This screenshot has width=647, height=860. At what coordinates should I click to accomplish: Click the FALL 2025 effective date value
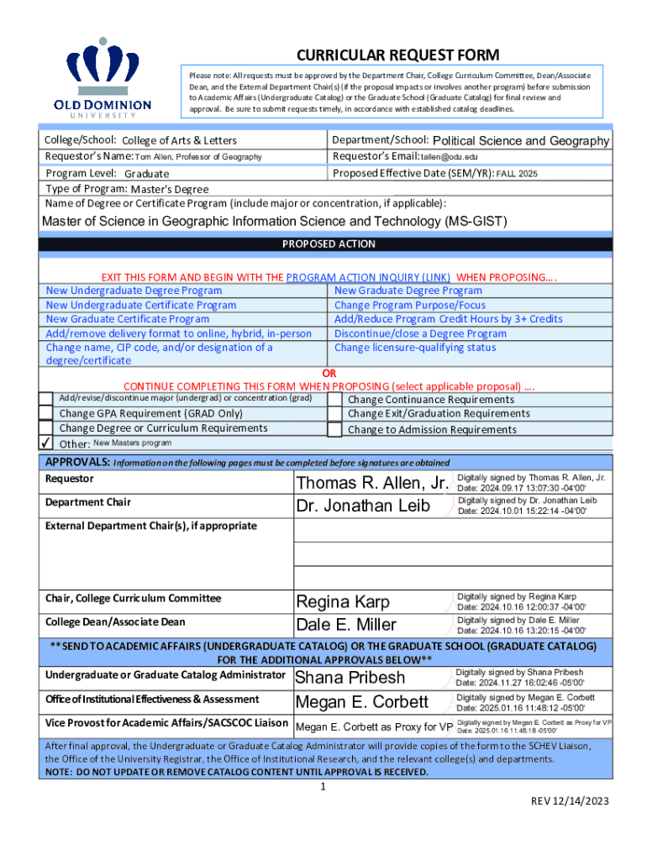coord(517,174)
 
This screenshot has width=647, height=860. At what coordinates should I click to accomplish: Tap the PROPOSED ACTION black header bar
coord(328,244)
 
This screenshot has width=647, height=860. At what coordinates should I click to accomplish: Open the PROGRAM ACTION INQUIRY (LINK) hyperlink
coord(369,276)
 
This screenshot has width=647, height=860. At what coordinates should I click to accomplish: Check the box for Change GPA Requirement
coord(46,413)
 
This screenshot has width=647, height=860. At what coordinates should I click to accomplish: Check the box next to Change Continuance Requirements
coord(334,400)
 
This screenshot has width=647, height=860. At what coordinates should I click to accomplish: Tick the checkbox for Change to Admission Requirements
coord(334,429)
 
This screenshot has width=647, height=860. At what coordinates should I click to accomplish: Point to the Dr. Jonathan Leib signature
coord(363,506)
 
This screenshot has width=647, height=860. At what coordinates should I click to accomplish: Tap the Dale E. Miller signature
coord(345,625)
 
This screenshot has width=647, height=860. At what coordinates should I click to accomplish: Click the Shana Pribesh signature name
coord(350,678)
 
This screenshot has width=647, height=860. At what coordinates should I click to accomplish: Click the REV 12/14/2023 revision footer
coord(568,801)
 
